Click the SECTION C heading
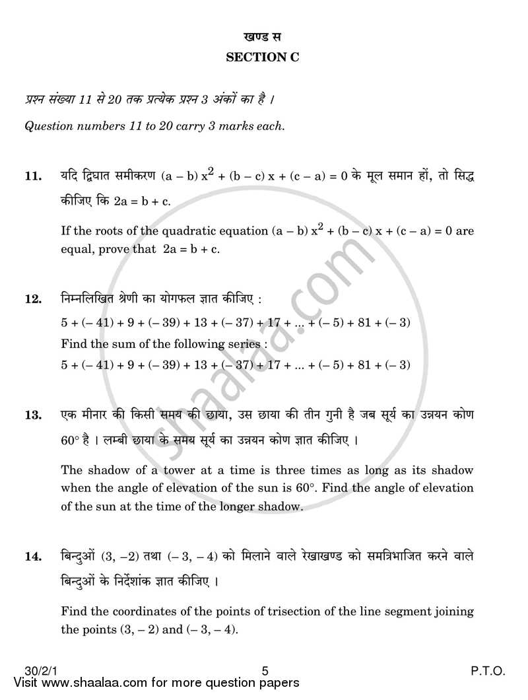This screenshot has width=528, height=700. (x=263, y=57)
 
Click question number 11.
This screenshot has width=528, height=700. (x=33, y=177)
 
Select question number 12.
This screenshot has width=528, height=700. (x=33, y=299)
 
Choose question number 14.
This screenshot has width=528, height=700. (x=33, y=556)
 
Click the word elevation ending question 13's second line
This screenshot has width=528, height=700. (x=450, y=489)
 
